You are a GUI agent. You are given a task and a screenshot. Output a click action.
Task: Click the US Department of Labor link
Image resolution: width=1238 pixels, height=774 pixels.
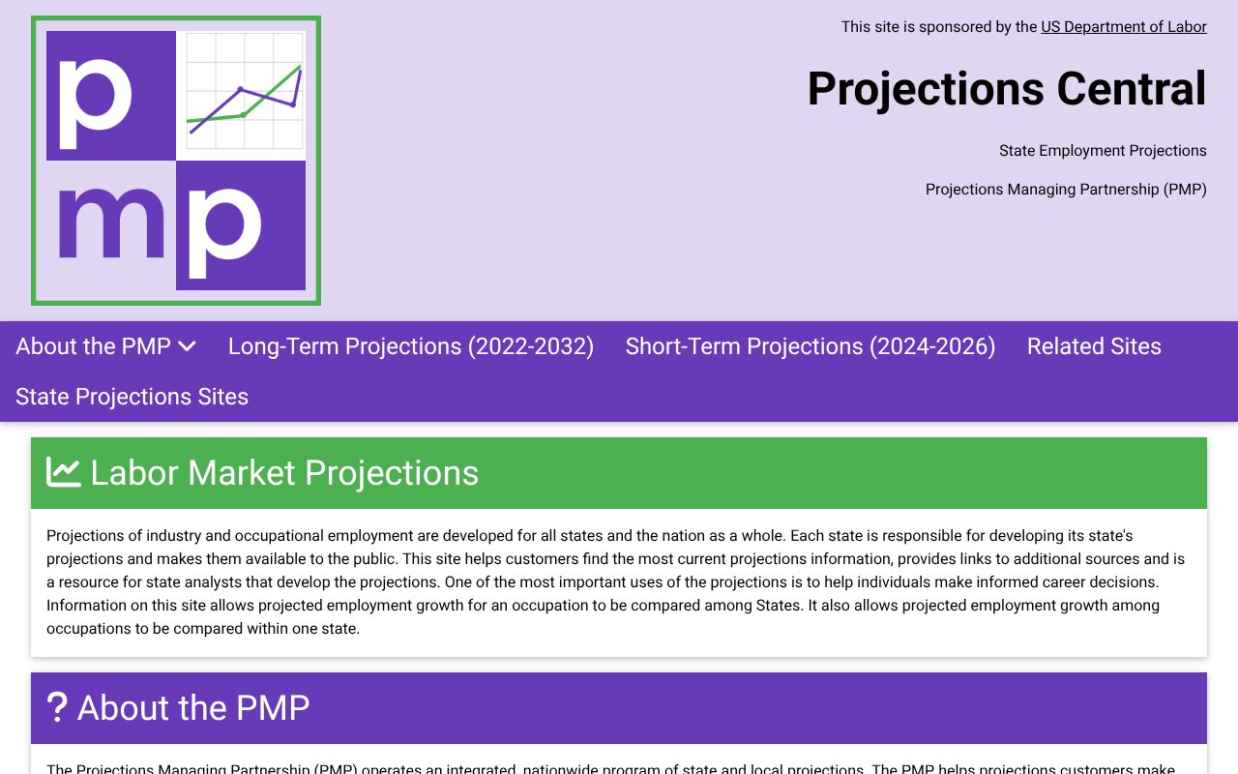click(x=1123, y=27)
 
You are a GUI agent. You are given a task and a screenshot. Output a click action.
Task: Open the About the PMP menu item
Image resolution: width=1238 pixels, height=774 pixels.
click(x=93, y=346)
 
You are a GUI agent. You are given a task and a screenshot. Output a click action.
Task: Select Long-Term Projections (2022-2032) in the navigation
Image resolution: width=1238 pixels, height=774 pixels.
click(x=411, y=346)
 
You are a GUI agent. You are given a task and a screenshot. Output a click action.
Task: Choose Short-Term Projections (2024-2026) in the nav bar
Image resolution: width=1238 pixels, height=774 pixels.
click(x=811, y=346)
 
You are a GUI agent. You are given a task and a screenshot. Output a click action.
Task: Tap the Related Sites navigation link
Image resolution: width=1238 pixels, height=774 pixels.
click(x=1094, y=346)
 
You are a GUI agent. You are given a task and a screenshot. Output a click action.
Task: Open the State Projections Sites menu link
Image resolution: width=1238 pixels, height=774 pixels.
click(x=132, y=397)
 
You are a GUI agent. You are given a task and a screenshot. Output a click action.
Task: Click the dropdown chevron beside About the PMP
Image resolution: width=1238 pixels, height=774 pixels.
click(x=188, y=346)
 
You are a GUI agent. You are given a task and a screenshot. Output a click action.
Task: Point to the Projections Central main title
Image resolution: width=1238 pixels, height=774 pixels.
click(x=1007, y=89)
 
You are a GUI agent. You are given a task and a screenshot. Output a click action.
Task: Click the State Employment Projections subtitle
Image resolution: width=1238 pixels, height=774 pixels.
click(x=1103, y=151)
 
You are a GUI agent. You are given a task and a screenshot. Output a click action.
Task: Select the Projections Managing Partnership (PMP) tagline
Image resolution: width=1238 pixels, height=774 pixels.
click(x=1066, y=190)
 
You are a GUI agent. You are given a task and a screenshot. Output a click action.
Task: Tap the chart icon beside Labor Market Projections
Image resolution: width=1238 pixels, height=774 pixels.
click(x=64, y=472)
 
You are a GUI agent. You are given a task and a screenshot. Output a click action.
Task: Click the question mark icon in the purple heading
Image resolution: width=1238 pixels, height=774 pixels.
click(x=58, y=707)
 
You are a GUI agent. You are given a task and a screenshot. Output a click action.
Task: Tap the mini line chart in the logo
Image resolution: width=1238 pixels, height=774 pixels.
click(x=244, y=95)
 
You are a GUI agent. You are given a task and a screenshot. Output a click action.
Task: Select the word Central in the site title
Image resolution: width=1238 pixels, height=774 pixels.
click(x=1132, y=89)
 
